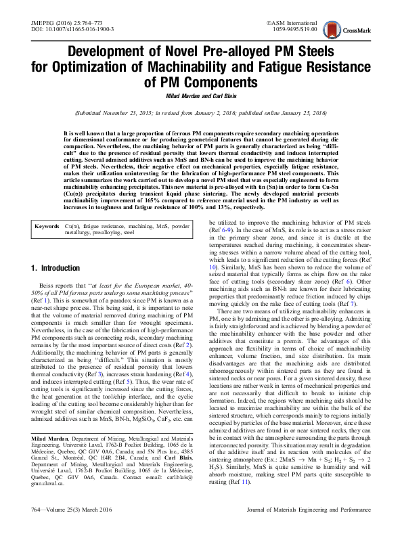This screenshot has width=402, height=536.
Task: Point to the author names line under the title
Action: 200,95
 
